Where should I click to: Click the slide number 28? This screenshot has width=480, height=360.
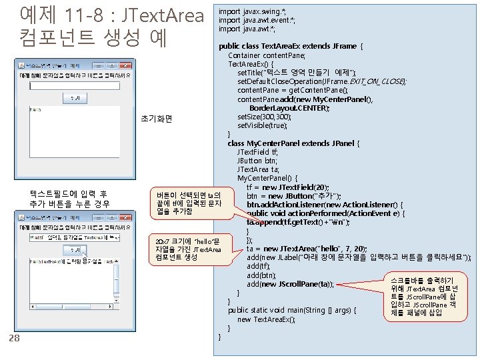click(13, 339)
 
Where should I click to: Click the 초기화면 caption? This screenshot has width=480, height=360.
click(157, 119)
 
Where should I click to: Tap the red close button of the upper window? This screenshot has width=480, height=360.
click(125, 65)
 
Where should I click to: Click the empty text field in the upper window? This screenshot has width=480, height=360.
click(74, 85)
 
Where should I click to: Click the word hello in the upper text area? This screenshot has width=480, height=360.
click(35, 109)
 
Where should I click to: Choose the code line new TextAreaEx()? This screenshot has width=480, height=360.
click(266, 319)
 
